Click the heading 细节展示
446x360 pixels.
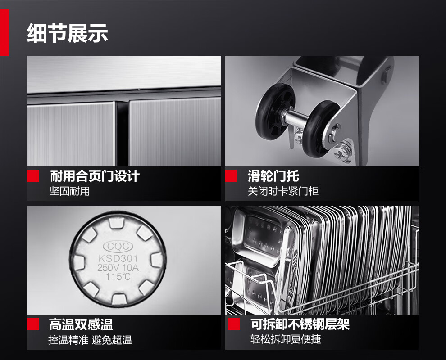tap(68, 33)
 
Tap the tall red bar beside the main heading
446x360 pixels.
tap(4, 32)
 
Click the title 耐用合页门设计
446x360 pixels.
tap(95, 176)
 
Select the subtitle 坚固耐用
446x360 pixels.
tap(70, 191)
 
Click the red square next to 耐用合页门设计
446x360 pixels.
tap(33, 175)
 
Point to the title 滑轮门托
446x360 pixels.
tap(273, 176)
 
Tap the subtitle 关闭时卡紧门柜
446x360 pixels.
tap(283, 191)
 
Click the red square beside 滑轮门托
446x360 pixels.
tap(231, 175)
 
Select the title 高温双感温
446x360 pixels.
tap(81, 324)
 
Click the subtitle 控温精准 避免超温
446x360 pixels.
tap(90, 340)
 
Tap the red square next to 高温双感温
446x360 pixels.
tap(33, 324)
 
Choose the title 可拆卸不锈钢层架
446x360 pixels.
tap(300, 324)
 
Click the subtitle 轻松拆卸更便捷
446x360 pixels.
tap(286, 339)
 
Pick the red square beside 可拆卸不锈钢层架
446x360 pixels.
tap(234, 324)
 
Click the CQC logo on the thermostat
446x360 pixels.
tap(118, 247)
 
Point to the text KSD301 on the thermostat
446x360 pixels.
tap(118, 258)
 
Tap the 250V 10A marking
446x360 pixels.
tap(118, 267)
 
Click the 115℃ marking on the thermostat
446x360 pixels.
tap(118, 276)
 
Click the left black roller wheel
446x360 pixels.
tap(274, 112)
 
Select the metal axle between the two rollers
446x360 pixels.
tap(296, 117)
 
